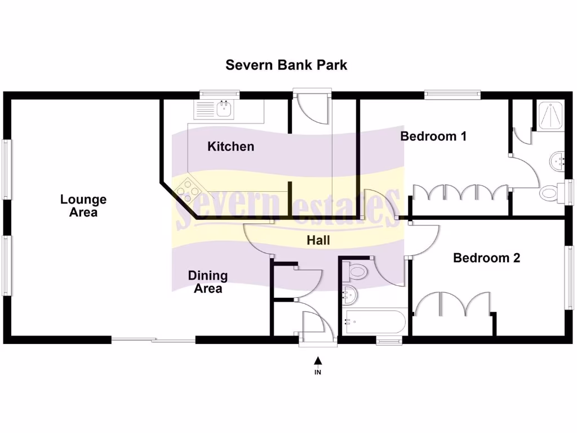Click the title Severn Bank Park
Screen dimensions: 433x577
pos(286,65)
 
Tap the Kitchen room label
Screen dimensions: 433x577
pos(230,147)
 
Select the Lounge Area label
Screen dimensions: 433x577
pos(83,206)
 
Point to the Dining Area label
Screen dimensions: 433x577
pos(208,282)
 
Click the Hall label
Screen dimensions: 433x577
pos(318,240)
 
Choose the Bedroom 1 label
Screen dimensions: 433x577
pos(433,136)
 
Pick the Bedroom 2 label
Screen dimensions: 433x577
pos(486,258)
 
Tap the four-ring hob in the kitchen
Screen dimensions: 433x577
pos(188,192)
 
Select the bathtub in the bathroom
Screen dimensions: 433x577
pos(374,322)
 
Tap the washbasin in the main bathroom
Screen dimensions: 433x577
pos(349,293)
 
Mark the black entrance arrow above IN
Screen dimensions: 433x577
pos(318,361)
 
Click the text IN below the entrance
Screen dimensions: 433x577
pos(318,372)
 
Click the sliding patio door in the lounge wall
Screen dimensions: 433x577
pos(153,340)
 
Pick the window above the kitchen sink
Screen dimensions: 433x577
pos(220,95)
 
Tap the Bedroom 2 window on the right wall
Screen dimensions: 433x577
pos(569,277)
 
